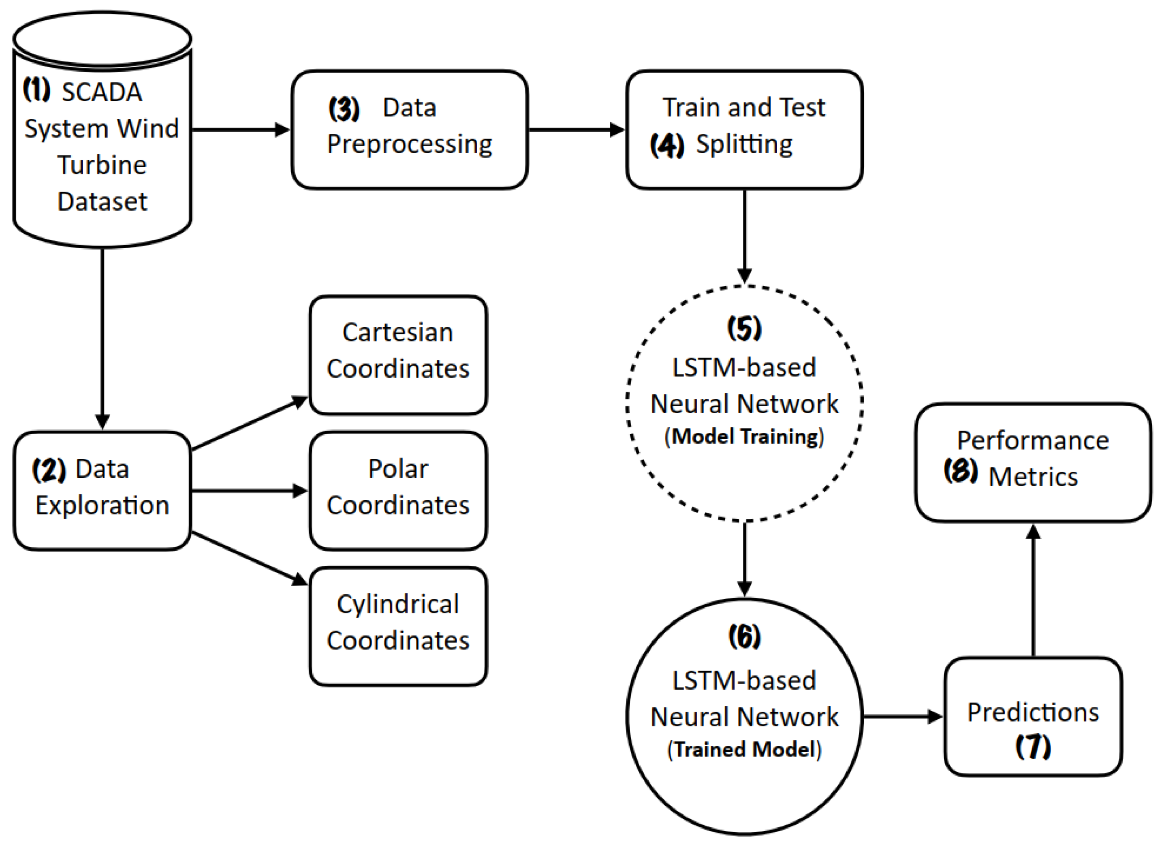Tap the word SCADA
102,93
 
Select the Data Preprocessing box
409,130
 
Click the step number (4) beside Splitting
667,145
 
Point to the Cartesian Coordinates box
398,355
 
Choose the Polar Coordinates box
398,491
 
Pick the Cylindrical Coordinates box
398,627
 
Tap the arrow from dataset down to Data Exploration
102,339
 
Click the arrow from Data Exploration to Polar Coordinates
249,491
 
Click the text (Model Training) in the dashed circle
744,436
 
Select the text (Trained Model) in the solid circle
744,749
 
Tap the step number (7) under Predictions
1033,747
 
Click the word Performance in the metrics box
1033,441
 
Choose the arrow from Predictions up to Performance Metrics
1033,590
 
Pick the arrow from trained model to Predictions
903,717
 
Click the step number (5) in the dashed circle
744,328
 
